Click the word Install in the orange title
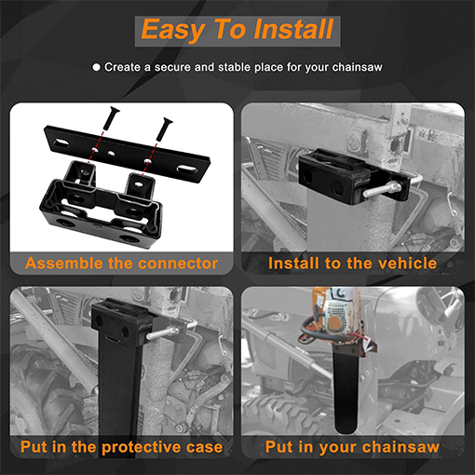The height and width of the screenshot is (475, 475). (x=293, y=30)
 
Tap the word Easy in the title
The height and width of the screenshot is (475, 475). (x=172, y=31)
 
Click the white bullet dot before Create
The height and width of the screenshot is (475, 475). (x=96, y=67)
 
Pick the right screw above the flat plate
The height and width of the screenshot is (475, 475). (x=164, y=129)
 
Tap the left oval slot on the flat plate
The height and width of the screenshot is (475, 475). (x=61, y=142)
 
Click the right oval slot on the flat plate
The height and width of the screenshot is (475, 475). (x=187, y=170)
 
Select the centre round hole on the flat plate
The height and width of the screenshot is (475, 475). (x=111, y=153)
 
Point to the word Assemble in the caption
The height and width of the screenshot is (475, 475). (x=64, y=264)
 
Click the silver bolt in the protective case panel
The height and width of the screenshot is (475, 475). (x=163, y=332)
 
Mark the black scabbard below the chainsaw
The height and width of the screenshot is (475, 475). (x=346, y=389)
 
